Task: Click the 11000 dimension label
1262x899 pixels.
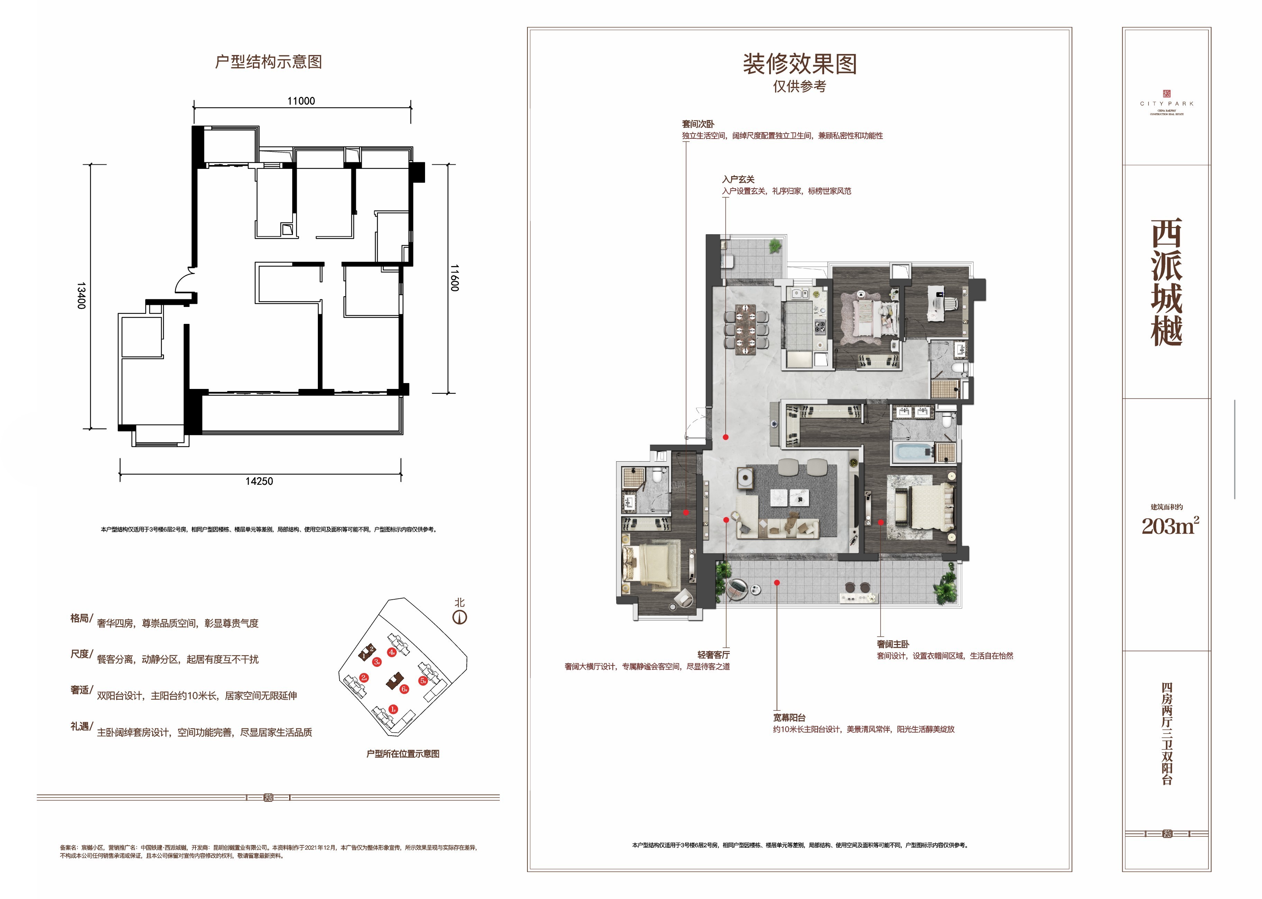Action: (x=301, y=101)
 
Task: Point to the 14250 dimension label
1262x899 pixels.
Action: (x=259, y=481)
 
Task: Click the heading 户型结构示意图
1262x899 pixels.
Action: (x=268, y=62)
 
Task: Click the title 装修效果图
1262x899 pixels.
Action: (x=800, y=64)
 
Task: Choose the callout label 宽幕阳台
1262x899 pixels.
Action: (x=790, y=717)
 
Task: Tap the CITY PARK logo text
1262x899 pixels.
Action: (x=1167, y=103)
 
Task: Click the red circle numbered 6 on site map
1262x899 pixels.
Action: (x=404, y=689)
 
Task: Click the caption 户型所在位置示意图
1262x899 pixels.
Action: (x=403, y=753)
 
